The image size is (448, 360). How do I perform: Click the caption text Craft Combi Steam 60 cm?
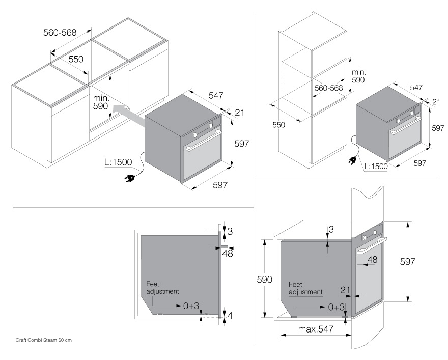(43, 340)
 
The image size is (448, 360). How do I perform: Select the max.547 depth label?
(316, 329)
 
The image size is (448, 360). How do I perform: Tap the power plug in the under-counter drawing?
(130, 178)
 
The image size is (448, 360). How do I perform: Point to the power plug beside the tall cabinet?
(351, 161)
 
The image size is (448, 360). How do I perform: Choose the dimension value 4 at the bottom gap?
(230, 316)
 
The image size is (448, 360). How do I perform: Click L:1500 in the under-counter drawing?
(118, 162)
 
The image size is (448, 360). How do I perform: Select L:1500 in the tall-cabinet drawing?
(376, 166)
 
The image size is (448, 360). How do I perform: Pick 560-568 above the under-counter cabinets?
(60, 33)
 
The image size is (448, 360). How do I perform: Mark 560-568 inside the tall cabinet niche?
(328, 88)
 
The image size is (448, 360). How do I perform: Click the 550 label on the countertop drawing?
(76, 59)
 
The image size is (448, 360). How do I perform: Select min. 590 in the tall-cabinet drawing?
(359, 76)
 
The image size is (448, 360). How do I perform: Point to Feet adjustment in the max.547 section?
(305, 288)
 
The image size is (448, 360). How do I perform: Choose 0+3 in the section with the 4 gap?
(192, 306)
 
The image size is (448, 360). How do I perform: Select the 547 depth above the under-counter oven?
(216, 95)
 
